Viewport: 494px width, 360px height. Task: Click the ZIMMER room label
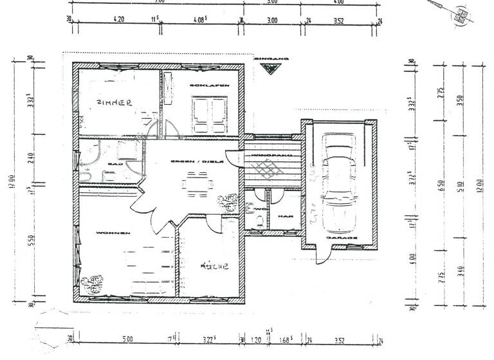pos(114,102)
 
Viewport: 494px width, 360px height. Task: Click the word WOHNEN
pos(113,232)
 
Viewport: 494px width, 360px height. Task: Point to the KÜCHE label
pos(214,265)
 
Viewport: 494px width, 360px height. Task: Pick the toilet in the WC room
pos(258,221)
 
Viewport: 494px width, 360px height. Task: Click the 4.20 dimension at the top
pos(118,20)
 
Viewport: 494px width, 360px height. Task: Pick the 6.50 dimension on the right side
pos(441,186)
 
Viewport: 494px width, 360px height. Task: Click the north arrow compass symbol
pos(459,15)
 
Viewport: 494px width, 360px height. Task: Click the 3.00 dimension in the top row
pos(272,20)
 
